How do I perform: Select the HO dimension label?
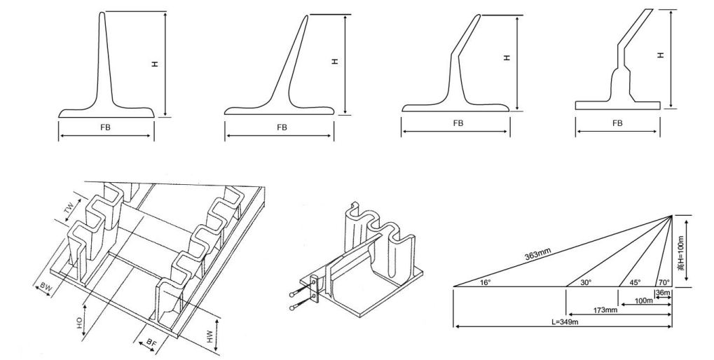coord(80,324)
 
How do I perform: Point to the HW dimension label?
coord(210,336)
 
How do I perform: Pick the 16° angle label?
coord(486,283)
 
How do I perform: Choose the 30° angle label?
coord(586,283)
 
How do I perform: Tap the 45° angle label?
coord(635,283)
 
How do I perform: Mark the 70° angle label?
coord(664,283)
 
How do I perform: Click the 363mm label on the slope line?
coord(537,255)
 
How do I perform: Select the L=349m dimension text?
coord(565,321)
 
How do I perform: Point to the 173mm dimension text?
coord(605,310)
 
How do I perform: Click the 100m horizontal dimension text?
coord(644,301)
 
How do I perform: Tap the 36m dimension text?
coord(664,292)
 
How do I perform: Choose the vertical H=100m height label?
coord(681,253)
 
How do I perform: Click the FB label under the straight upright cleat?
coord(105,128)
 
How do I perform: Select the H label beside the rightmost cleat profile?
coord(661,55)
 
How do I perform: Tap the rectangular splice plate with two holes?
coord(314,289)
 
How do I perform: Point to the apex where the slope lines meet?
coord(673,215)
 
